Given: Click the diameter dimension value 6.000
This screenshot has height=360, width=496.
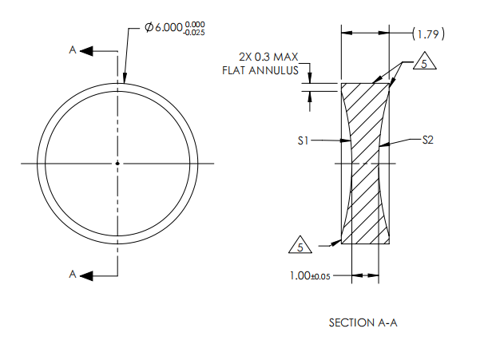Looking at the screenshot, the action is click(x=169, y=27).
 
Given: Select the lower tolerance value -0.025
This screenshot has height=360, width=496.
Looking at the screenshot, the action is click(x=194, y=33).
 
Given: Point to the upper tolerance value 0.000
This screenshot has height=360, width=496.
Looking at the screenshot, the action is click(x=195, y=24).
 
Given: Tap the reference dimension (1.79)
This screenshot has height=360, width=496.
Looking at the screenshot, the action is click(x=428, y=34).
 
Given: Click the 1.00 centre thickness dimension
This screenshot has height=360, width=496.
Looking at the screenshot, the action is click(x=300, y=275).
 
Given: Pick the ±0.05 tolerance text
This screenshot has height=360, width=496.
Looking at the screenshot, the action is click(x=320, y=277).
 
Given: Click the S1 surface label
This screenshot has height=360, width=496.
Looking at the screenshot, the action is click(x=303, y=140).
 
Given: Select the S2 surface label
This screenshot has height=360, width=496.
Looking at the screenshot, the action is click(x=427, y=140).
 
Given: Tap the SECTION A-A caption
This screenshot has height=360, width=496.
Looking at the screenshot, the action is click(x=363, y=322).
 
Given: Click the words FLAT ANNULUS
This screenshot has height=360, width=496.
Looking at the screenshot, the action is click(x=260, y=70).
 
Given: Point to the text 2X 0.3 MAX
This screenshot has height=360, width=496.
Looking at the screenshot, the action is click(x=268, y=57).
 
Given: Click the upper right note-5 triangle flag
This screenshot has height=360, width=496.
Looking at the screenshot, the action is click(x=424, y=61).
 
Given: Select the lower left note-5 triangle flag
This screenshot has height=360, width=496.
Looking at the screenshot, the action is click(x=300, y=245).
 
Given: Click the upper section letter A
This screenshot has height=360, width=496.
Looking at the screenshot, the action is click(x=73, y=50).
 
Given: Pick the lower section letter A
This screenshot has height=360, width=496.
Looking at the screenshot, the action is click(x=73, y=274).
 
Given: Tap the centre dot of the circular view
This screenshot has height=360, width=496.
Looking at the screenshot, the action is click(x=117, y=164).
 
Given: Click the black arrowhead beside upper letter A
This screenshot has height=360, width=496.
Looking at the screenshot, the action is click(x=86, y=51).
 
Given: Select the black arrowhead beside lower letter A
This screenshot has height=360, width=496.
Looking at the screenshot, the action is click(x=86, y=276).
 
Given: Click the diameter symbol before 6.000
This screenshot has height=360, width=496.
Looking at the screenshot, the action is click(x=149, y=27).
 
